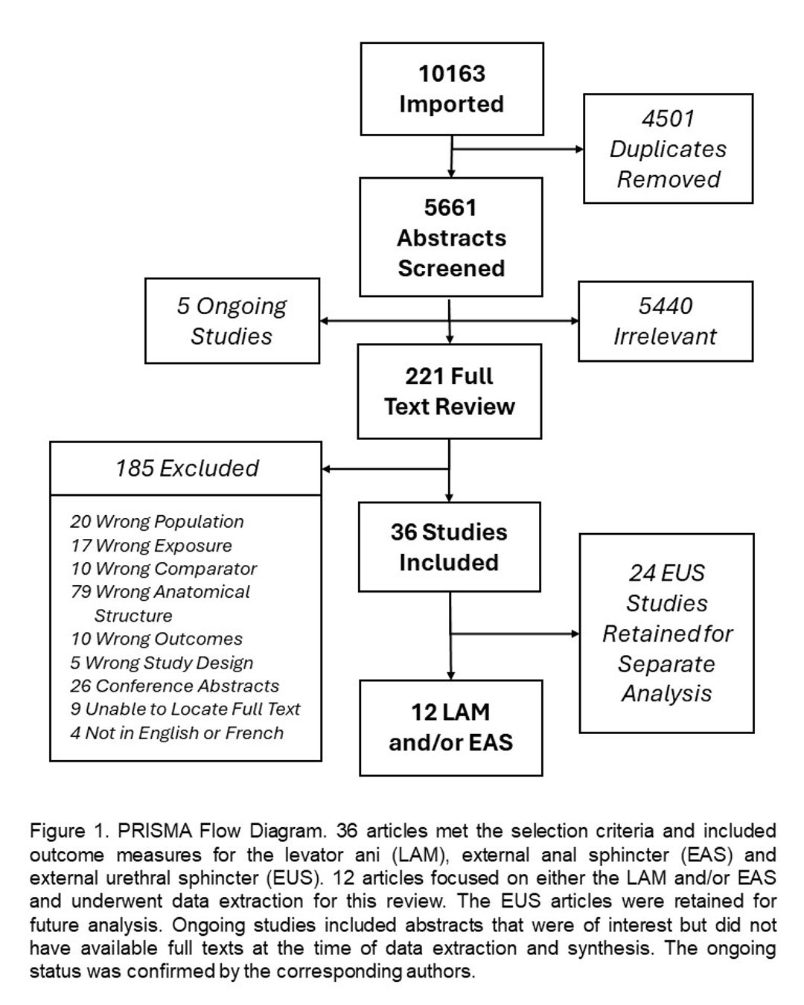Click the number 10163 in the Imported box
click(452, 74)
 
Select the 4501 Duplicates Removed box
click(668, 148)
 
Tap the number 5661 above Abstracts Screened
click(450, 208)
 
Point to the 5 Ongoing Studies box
click(232, 321)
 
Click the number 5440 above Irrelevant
click(666, 306)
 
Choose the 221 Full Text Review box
click(450, 392)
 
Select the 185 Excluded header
click(186, 468)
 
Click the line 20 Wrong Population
click(157, 521)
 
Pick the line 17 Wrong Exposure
click(151, 545)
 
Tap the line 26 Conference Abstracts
click(175, 686)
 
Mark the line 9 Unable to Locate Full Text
click(185, 709)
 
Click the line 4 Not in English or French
click(177, 733)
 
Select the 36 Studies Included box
click(450, 547)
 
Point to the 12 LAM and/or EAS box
click(451, 727)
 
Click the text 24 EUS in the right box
click(667, 573)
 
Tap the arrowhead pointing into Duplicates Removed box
click(579, 149)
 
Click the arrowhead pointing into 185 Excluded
click(326, 469)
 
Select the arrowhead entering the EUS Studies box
click(575, 634)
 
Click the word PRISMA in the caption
click(155, 831)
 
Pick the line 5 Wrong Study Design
click(162, 663)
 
